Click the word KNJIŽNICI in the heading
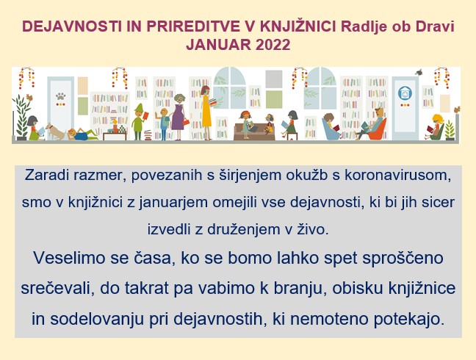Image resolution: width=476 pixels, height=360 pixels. coord(297,26)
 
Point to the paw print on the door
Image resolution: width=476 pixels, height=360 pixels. coord(61,96)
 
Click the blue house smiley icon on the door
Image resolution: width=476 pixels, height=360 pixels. coord(405,93)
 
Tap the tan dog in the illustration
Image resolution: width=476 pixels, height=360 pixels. coord(55,131)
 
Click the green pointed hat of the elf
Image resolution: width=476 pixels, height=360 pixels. coord(139,107)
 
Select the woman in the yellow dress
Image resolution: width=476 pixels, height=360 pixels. coord(206,112)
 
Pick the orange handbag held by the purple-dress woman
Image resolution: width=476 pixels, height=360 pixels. coord(186,122)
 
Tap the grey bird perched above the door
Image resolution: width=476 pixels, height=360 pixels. coord(419,72)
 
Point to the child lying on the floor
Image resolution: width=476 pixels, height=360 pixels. coord(82,134)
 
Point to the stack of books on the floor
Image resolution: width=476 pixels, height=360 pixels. coord(148,134)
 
